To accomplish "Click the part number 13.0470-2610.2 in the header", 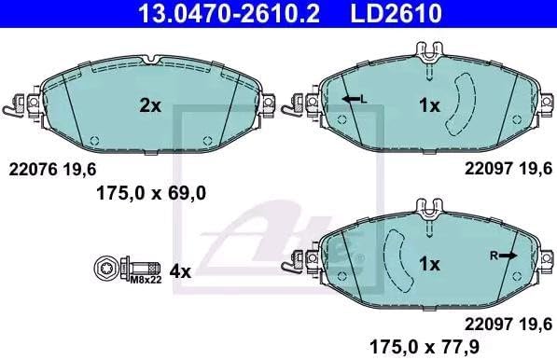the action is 229,13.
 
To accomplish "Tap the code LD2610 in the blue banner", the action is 397,13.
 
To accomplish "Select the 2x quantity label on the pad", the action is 150,105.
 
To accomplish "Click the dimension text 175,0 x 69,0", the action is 151,194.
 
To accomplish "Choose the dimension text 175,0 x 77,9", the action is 425,346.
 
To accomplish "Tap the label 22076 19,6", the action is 52,170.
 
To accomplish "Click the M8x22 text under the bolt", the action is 146,280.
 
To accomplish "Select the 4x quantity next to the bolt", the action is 180,272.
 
